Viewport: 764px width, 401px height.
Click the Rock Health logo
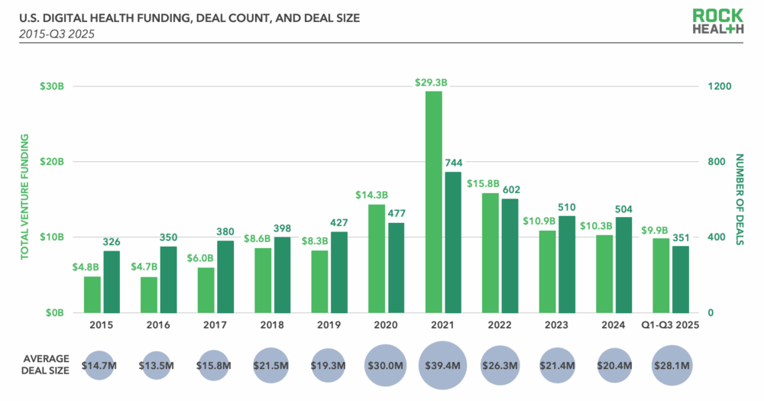(x=718, y=21)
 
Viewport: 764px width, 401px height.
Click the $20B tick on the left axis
(x=52, y=162)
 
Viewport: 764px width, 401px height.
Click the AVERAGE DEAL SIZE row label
(x=47, y=365)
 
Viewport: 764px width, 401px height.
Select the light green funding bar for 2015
(x=92, y=294)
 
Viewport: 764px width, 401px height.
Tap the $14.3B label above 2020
(x=371, y=195)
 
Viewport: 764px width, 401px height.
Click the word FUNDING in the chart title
(x=154, y=16)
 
